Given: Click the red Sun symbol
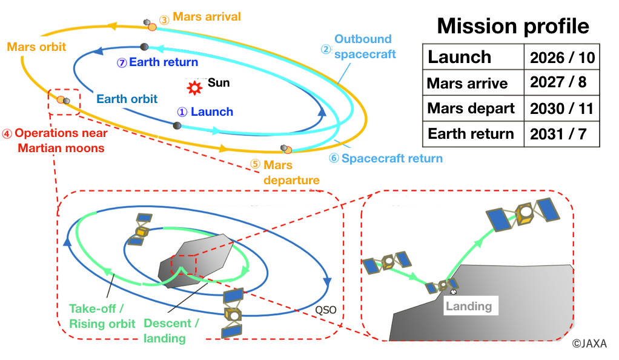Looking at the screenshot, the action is [x=194, y=87].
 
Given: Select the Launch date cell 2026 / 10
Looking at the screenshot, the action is [x=561, y=58].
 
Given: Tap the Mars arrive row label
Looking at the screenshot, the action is [x=467, y=84].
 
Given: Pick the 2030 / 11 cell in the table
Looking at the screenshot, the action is [x=561, y=108].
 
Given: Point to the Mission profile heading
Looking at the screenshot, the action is [x=513, y=26].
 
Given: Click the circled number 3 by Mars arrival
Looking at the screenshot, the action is [x=164, y=19].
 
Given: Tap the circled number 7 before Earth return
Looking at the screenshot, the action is [x=122, y=63].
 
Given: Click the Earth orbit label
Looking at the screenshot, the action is [x=127, y=99].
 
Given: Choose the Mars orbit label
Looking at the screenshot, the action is [x=36, y=47].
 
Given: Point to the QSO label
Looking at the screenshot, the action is [x=326, y=310].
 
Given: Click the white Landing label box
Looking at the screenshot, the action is [x=471, y=305].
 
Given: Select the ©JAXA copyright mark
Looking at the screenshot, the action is [x=589, y=344].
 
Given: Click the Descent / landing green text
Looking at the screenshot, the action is [x=171, y=331].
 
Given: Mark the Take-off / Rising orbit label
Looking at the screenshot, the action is [x=102, y=316].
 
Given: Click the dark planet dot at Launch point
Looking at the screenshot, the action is [x=177, y=125].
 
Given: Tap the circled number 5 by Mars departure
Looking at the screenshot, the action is [x=255, y=164].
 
